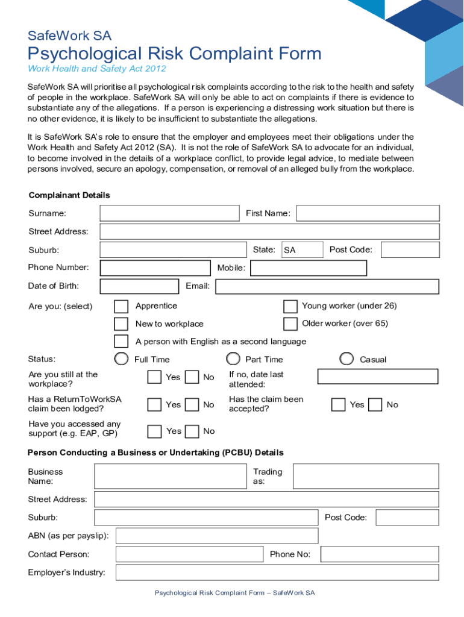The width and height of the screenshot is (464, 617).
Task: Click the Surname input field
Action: [169, 213]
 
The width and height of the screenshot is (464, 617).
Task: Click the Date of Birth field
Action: [139, 286]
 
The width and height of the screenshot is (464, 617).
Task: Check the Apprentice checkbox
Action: [121, 306]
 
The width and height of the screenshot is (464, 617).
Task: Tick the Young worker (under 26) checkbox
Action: [290, 306]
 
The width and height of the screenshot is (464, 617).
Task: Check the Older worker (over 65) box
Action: [290, 324]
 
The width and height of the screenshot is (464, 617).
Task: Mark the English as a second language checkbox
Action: [121, 342]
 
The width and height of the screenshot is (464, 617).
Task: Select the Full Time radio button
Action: [122, 359]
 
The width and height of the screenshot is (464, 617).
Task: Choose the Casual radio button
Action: [346, 359]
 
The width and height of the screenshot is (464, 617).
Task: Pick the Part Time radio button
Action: [233, 359]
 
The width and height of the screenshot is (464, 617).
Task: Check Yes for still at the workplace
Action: [155, 377]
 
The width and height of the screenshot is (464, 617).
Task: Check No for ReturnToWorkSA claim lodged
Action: [192, 404]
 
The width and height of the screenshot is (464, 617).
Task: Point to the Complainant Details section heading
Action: [69, 195]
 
